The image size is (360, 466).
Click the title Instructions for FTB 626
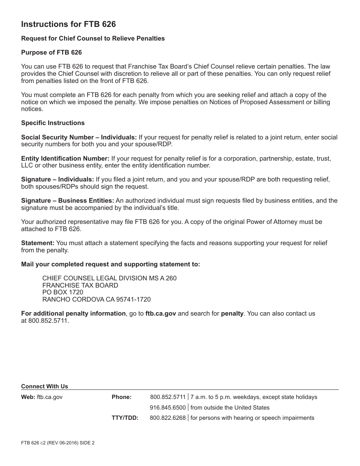[68, 25]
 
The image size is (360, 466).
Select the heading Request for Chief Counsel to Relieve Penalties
[93, 38]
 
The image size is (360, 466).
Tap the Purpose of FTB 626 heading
[51, 52]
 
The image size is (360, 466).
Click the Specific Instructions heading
[53, 123]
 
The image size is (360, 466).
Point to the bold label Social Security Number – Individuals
[79, 137]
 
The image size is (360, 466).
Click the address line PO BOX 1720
[63, 292]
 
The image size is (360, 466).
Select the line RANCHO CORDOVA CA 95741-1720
[96, 299]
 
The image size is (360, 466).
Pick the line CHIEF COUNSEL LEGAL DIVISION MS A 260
[109, 278]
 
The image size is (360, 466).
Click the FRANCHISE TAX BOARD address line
[80, 285]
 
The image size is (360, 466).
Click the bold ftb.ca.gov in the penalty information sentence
[161, 313]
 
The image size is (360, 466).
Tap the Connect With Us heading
[44, 386]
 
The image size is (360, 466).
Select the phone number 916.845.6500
[167, 408]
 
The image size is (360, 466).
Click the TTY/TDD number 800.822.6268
[167, 418]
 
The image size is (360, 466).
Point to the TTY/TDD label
[125, 418]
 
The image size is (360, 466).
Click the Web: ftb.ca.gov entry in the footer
[42, 397]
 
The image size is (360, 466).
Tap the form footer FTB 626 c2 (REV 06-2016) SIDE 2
[58, 442]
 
